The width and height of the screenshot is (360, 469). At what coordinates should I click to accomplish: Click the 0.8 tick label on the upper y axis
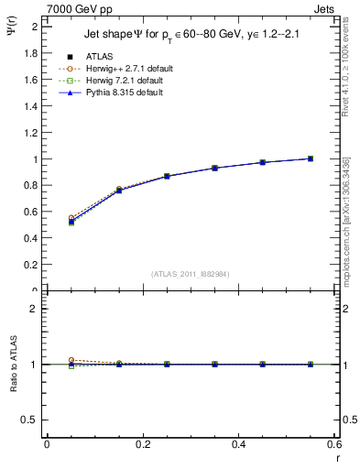(33, 186)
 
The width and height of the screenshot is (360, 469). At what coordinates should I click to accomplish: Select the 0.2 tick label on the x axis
(142, 444)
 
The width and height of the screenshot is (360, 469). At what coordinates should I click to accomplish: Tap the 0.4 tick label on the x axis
(238, 444)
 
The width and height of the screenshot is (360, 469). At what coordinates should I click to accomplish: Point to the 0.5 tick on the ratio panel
(33, 420)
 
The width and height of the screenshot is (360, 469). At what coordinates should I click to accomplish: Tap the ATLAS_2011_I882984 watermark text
(191, 274)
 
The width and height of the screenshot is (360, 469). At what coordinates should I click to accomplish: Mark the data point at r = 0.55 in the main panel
(311, 158)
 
